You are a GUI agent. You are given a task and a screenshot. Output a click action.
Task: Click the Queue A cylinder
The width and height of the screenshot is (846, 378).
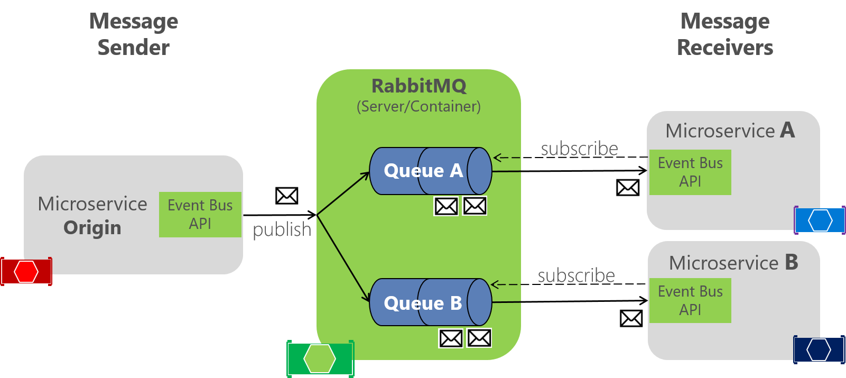[x=430, y=171]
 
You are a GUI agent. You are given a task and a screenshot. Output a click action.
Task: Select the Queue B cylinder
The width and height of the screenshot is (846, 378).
[x=430, y=302]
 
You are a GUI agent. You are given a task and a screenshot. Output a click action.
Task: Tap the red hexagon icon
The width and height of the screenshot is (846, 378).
[x=26, y=272]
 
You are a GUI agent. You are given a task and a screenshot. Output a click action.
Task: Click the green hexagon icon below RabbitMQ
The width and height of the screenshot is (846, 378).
[x=320, y=359]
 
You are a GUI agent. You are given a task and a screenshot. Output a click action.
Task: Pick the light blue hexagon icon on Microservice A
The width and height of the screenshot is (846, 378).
[x=820, y=220]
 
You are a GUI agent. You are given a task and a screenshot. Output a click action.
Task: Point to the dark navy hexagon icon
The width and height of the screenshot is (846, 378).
[x=819, y=350]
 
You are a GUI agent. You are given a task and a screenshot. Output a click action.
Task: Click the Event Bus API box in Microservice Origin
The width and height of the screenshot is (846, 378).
[x=200, y=215]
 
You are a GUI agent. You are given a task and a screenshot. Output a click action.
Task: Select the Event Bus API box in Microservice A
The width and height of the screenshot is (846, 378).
[x=690, y=172]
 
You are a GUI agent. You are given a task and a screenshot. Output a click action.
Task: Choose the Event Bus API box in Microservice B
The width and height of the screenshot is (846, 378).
[x=690, y=300]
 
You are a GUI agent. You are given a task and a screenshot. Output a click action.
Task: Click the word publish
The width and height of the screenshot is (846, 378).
[x=282, y=229]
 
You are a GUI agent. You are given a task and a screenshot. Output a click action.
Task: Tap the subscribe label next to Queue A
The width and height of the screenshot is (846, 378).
[x=579, y=149]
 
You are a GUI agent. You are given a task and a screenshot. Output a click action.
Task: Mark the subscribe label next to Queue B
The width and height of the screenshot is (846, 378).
[x=576, y=275]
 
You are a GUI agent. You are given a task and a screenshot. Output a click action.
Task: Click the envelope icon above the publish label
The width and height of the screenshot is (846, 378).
[x=286, y=196]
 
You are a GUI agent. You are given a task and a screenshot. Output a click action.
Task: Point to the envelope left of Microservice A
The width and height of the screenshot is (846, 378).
[x=627, y=187]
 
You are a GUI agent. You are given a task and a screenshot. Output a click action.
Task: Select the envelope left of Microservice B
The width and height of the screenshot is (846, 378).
[x=631, y=318]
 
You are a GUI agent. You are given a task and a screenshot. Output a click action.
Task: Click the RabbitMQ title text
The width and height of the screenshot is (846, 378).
[x=419, y=86]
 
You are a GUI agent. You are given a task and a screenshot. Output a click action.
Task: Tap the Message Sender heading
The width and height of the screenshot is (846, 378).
[x=134, y=34]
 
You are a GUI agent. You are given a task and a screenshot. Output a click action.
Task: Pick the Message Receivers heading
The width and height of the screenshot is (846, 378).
[x=725, y=34]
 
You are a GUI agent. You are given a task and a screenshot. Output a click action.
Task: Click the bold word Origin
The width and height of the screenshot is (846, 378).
[x=92, y=228]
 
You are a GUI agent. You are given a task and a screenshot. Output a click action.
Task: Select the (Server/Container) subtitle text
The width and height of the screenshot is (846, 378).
[x=419, y=107]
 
